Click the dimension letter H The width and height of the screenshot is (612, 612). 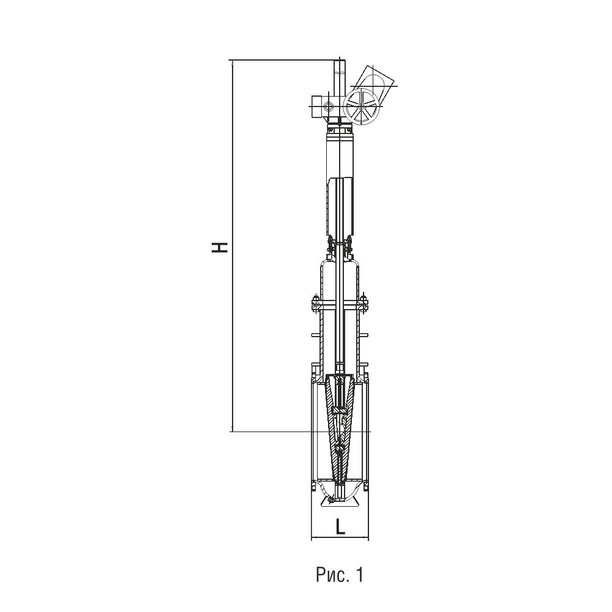click(220, 247)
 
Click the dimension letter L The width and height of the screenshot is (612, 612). click(340, 528)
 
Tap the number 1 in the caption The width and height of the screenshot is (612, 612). click(359, 574)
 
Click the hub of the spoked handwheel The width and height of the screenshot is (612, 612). click(362, 106)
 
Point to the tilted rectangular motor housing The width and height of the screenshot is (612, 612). click(374, 84)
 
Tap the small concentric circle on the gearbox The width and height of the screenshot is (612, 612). click(327, 106)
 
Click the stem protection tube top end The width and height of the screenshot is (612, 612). click(340, 61)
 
